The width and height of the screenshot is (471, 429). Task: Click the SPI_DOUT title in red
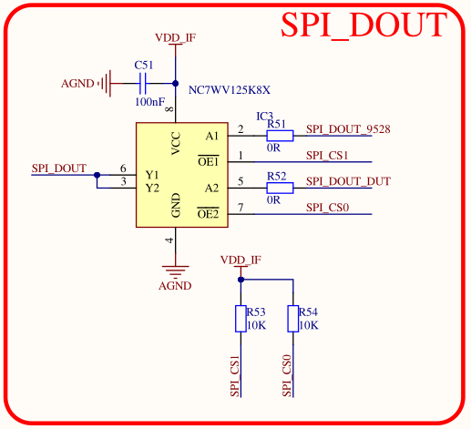point(363,26)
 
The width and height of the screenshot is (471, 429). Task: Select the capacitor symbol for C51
point(142,84)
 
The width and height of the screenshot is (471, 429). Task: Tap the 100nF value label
point(149,102)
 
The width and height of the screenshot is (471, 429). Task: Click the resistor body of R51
point(280,136)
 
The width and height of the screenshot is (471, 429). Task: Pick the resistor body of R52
point(280,188)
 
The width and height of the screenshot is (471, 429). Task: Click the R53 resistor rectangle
point(241,319)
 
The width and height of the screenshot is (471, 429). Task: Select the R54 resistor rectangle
point(293,319)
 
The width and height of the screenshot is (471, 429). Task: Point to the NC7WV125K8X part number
point(230,90)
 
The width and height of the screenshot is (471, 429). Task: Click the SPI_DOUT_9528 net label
point(348,129)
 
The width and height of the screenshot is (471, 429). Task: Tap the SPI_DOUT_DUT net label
point(348,181)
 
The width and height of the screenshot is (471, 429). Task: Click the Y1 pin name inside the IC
point(152,175)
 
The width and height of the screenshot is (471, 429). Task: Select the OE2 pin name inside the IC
point(208,214)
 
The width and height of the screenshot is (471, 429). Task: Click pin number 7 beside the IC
point(241,208)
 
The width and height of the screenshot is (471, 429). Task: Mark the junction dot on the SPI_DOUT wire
point(97,175)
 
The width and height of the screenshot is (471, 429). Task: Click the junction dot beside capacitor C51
point(175,83)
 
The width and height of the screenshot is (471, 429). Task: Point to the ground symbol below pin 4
point(175,271)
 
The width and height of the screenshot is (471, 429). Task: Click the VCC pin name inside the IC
point(176,143)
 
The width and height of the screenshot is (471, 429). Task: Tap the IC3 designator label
point(265,117)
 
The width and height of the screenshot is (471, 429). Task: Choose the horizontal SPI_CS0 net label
point(327,208)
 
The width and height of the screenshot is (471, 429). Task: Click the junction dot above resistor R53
point(241,280)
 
